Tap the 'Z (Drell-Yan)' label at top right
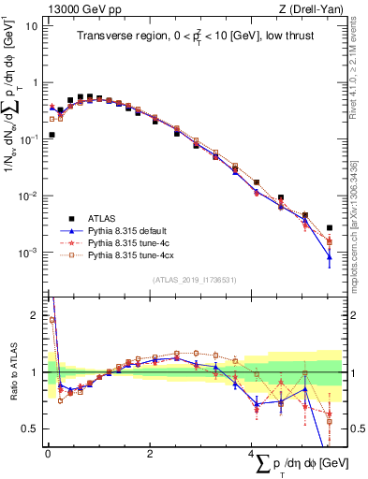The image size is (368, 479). point(312,7)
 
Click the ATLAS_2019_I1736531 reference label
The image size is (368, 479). point(191,280)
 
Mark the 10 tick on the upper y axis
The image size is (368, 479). point(32,25)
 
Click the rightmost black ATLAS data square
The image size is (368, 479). point(330,227)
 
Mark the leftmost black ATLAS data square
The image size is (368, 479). point(52,135)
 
